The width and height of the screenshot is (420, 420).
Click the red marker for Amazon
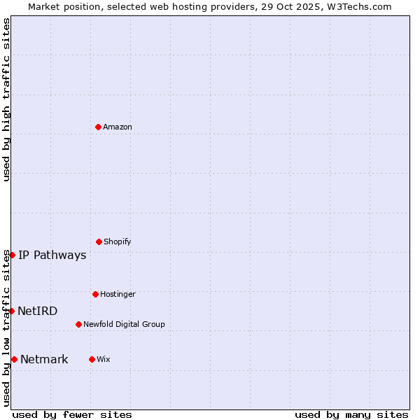[99, 127]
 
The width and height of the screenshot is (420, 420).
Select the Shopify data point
[99, 241]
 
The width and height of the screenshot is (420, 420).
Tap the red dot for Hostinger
[95, 294]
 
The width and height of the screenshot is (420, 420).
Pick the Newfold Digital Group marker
[78, 324]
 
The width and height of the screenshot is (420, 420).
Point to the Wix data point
[92, 359]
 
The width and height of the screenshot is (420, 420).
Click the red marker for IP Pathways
[12, 255]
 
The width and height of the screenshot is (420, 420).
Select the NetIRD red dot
[11, 311]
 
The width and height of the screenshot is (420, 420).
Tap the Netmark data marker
[14, 359]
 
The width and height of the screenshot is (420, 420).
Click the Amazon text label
[118, 127]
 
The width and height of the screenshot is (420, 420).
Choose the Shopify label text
[118, 241]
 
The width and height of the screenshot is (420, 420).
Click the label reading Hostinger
[118, 294]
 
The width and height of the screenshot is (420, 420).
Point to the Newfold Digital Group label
[124, 324]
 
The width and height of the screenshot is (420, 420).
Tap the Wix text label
[104, 359]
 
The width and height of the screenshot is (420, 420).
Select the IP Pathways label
[52, 255]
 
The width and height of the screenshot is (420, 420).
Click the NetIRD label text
[38, 311]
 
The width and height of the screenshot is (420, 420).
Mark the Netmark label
[44, 359]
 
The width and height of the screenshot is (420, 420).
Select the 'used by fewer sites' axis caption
[72, 414]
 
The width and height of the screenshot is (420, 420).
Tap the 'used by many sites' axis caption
[351, 414]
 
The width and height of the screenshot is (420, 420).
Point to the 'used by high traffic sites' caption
[6, 99]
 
